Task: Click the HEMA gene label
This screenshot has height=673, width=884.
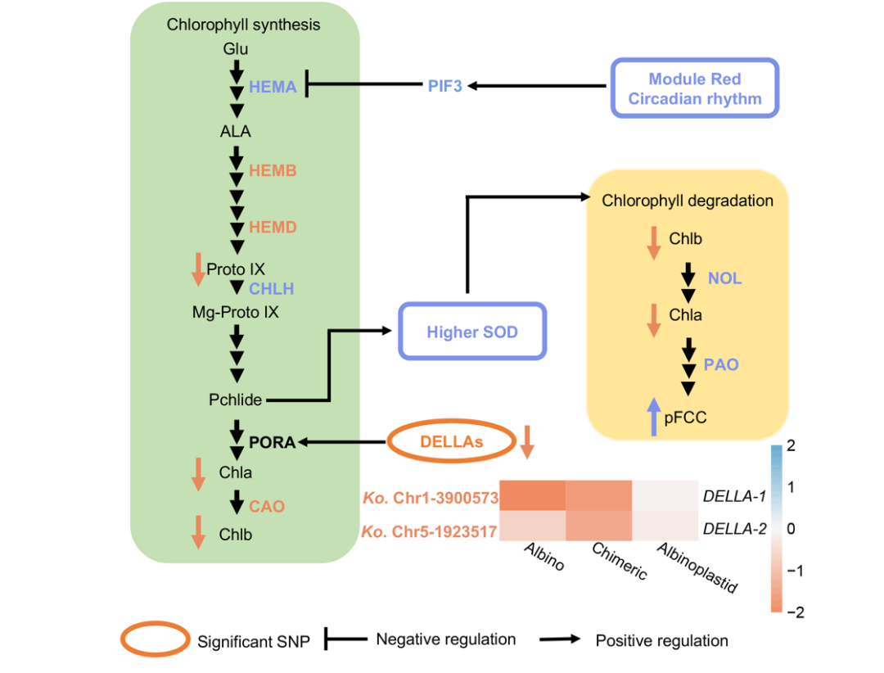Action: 273,87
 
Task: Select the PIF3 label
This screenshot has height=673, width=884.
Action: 445,85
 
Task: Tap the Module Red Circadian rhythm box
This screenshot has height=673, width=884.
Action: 694,88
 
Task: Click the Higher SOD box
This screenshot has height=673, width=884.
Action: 472,332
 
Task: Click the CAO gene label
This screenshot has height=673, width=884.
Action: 267,506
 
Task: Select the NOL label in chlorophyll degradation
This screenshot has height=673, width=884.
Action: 725,278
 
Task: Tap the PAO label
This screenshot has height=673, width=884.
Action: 721,364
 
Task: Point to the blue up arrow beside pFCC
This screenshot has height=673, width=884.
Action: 653,417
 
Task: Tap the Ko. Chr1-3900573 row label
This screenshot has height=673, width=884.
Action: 429,497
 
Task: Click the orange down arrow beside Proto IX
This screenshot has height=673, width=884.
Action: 197,269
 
